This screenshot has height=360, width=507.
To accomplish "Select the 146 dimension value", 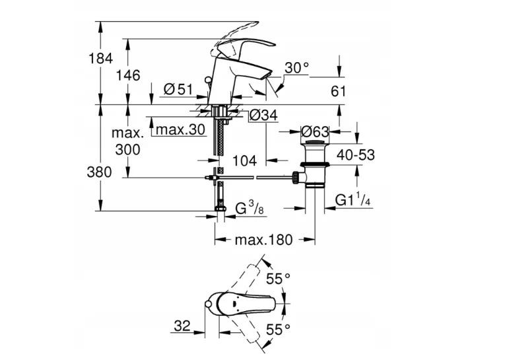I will click(128, 76).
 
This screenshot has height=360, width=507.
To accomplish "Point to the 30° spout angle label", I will click(297, 68).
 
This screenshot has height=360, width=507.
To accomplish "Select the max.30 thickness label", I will click(181, 129).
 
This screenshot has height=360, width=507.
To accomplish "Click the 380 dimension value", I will click(99, 172).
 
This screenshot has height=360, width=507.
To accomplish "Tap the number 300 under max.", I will click(127, 150).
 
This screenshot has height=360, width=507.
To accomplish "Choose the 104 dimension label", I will click(245, 161).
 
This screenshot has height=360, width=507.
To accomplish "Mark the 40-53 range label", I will click(356, 155).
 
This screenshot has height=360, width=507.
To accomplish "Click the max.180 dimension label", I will click(263, 240).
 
